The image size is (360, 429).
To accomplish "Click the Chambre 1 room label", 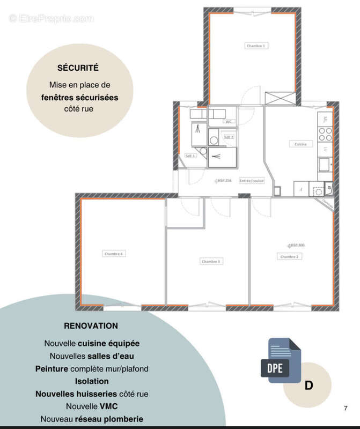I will (x=256, y=46).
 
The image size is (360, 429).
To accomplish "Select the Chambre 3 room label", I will (x=211, y=261).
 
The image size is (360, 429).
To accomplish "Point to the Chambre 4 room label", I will (x=114, y=253).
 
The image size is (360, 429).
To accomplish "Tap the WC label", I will (x=228, y=122).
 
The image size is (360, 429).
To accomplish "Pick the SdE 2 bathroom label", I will (x=229, y=137).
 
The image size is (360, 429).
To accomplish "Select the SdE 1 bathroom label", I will (x=190, y=156).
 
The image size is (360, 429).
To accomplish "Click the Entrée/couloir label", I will (x=252, y=181).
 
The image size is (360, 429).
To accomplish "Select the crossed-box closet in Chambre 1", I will (x=281, y=98).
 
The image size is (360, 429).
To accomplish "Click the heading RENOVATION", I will (x=91, y=326).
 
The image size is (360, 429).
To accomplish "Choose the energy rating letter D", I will (x=308, y=386).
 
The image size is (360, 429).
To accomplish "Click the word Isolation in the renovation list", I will (x=91, y=381).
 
